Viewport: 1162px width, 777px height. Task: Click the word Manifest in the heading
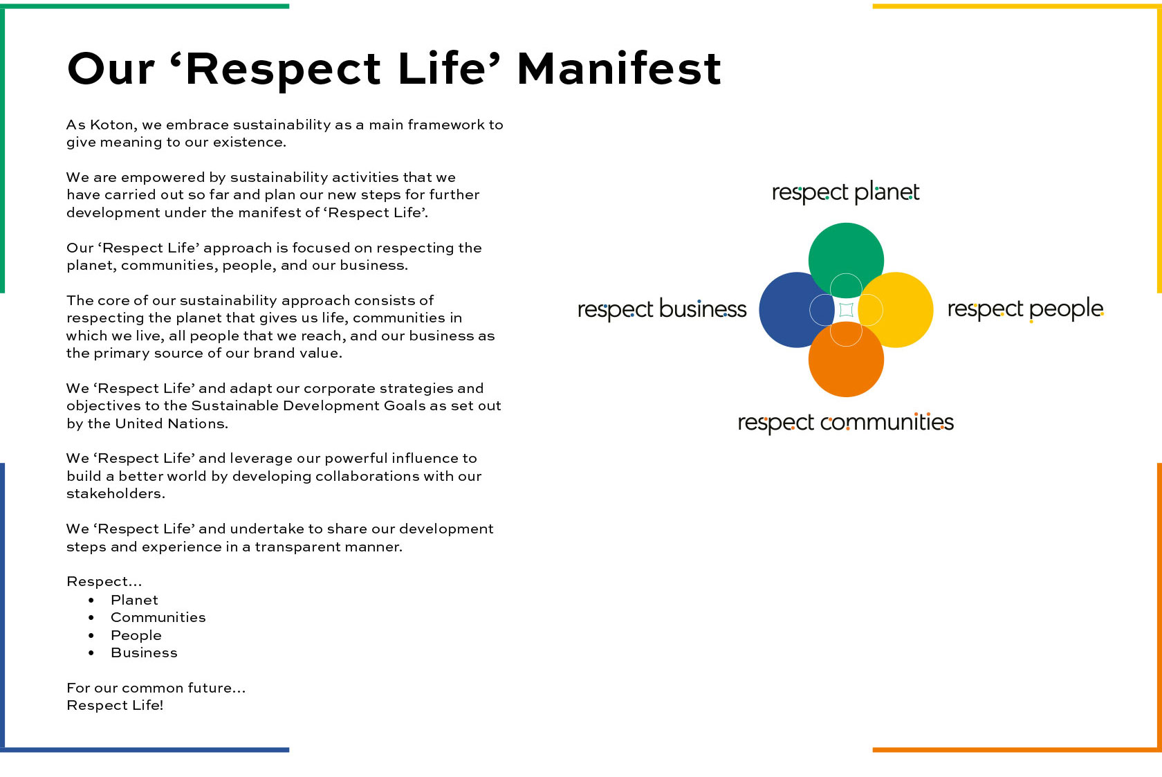click(619, 68)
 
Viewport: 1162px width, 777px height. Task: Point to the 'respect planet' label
click(845, 192)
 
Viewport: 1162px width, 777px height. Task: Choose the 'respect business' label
click(662, 309)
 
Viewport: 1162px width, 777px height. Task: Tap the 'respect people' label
click(1026, 309)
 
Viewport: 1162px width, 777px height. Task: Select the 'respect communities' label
click(845, 423)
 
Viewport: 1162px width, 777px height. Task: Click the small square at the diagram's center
click(846, 310)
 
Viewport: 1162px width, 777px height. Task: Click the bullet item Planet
click(134, 600)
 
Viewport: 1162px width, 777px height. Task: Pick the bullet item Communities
click(158, 618)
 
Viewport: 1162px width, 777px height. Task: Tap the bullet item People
click(136, 635)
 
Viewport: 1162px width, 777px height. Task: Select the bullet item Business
click(144, 653)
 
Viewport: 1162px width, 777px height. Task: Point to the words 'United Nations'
click(172, 423)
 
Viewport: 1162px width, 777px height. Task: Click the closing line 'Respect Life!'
click(115, 705)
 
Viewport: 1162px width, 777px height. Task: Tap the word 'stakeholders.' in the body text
click(116, 493)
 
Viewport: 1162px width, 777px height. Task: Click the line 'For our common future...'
click(156, 688)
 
